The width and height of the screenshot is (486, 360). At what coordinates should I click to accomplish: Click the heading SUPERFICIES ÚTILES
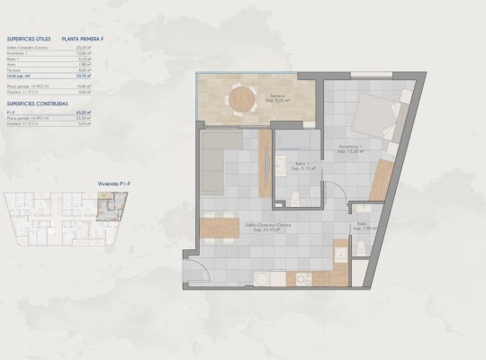coord(27,40)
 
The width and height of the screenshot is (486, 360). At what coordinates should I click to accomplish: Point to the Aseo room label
coord(361,225)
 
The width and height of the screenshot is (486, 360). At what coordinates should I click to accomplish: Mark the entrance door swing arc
coord(196,269)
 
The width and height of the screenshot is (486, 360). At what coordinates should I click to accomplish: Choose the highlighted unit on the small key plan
coord(107,209)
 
